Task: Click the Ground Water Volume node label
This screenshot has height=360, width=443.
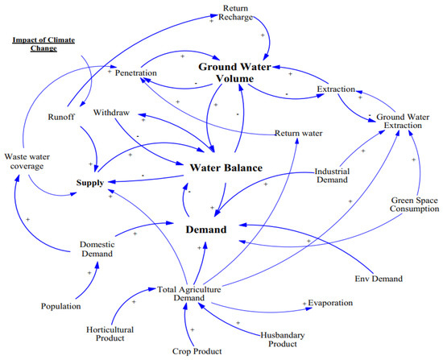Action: [x=234, y=72]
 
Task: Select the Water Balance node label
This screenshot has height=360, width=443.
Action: [x=226, y=168]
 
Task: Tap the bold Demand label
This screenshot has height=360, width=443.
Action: [x=206, y=230]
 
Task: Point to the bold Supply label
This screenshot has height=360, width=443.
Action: [x=90, y=183]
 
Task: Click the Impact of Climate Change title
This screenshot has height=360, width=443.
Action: [x=43, y=44]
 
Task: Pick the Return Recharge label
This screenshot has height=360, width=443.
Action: [x=236, y=13]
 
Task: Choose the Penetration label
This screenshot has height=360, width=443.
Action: [x=136, y=73]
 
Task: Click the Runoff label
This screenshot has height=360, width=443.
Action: [x=61, y=117]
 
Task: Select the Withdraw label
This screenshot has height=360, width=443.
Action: [x=111, y=113]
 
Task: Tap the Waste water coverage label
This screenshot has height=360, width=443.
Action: [x=27, y=161]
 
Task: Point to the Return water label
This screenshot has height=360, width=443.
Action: [x=299, y=133]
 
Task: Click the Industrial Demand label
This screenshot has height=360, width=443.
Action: [x=332, y=176]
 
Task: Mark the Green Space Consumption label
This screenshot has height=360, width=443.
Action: [x=415, y=205]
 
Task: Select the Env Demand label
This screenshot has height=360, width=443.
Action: [x=379, y=279]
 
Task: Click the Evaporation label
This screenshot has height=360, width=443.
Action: [x=330, y=303]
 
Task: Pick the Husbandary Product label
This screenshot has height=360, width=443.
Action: [x=283, y=340]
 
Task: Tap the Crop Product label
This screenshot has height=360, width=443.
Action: [x=197, y=351]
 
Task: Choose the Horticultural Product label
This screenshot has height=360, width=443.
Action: [x=110, y=334]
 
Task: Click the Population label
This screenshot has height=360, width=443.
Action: [x=60, y=306]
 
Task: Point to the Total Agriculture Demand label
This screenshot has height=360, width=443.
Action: [x=189, y=294]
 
